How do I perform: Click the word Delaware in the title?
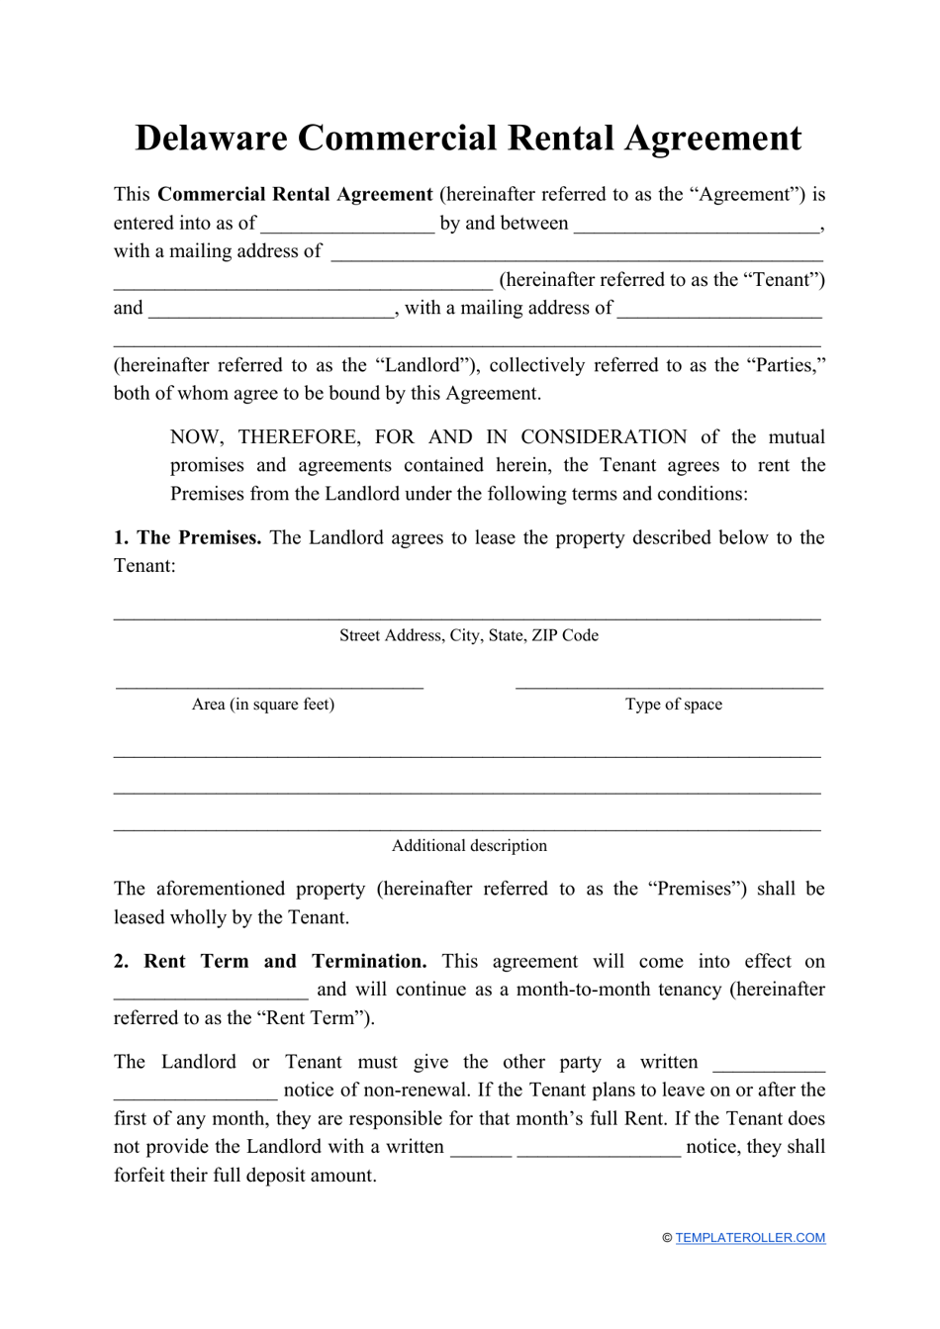tap(210, 139)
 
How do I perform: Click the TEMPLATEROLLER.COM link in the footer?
tap(750, 1238)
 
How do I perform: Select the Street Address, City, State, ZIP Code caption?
tap(469, 635)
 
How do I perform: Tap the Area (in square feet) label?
tap(263, 705)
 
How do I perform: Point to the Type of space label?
tap(673, 705)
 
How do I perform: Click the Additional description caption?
tap(469, 846)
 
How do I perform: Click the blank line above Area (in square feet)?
tap(269, 685)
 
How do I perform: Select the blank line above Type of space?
tap(669, 685)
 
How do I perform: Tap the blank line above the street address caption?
tap(467, 617)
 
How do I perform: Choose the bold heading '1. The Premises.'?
tap(187, 538)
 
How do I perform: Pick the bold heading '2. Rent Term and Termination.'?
tap(270, 962)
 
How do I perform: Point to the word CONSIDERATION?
tap(604, 437)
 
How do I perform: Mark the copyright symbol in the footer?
tap(667, 1238)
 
